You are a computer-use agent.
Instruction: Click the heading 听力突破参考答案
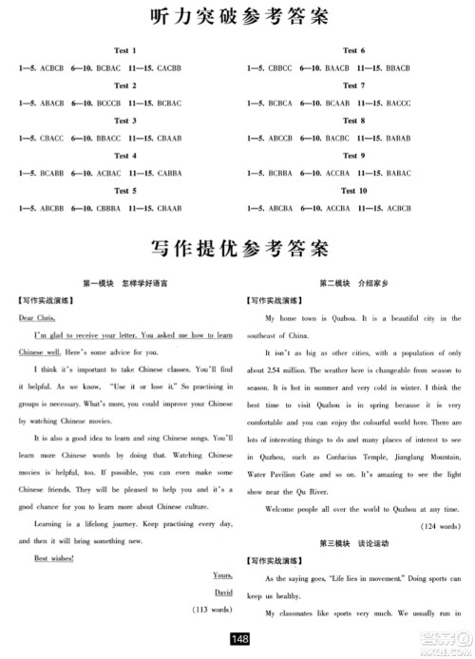(237, 17)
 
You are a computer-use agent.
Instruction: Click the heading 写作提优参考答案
(237, 251)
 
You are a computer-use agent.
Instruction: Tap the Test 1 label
(125, 50)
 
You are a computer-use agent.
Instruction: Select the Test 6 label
(353, 50)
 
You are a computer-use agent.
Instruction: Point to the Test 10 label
(353, 191)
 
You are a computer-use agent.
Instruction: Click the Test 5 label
(125, 191)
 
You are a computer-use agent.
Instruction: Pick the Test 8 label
(353, 121)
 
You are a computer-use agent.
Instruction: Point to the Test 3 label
(125, 121)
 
